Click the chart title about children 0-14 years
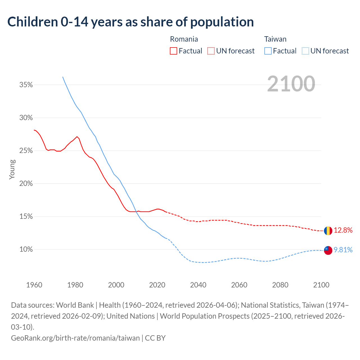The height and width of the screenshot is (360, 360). click(130, 22)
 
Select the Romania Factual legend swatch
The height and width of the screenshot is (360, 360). click(174, 51)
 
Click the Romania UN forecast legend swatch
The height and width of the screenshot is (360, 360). click(211, 51)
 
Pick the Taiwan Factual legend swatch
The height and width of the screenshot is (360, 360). click(268, 51)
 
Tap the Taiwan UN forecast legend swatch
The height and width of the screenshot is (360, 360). click(305, 51)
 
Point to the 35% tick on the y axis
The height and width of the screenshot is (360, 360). click(26, 85)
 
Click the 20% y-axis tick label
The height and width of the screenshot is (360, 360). click(26, 184)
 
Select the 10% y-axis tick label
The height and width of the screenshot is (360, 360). click(26, 249)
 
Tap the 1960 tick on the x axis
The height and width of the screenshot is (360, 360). click(34, 285)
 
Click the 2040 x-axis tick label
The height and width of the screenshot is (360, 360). click(198, 285)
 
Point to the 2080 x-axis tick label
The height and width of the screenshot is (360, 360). click(280, 285)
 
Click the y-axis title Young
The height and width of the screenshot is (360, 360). click(12, 169)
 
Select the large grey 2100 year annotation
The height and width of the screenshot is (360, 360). click(291, 84)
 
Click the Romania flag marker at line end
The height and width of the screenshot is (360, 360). click(328, 231)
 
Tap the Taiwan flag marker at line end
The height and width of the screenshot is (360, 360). click(328, 250)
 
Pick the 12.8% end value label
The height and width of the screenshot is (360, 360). click(343, 230)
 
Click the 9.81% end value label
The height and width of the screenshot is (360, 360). click(343, 250)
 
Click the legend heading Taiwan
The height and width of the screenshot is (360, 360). click(275, 39)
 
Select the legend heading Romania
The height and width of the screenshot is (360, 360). click(184, 39)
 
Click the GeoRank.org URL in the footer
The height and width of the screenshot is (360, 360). click(75, 338)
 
